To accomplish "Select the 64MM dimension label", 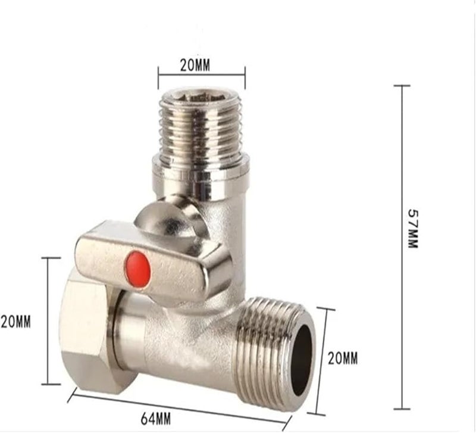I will (x=156, y=419).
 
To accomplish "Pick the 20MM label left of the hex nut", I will (x=15, y=322).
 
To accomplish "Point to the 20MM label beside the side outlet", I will (x=343, y=359).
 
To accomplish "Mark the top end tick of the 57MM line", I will (x=402, y=86).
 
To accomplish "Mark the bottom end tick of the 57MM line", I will (x=402, y=409).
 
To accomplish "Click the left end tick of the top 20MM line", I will (x=158, y=74).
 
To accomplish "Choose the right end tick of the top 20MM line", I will (x=245, y=74).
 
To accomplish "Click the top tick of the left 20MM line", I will (x=51, y=258).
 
